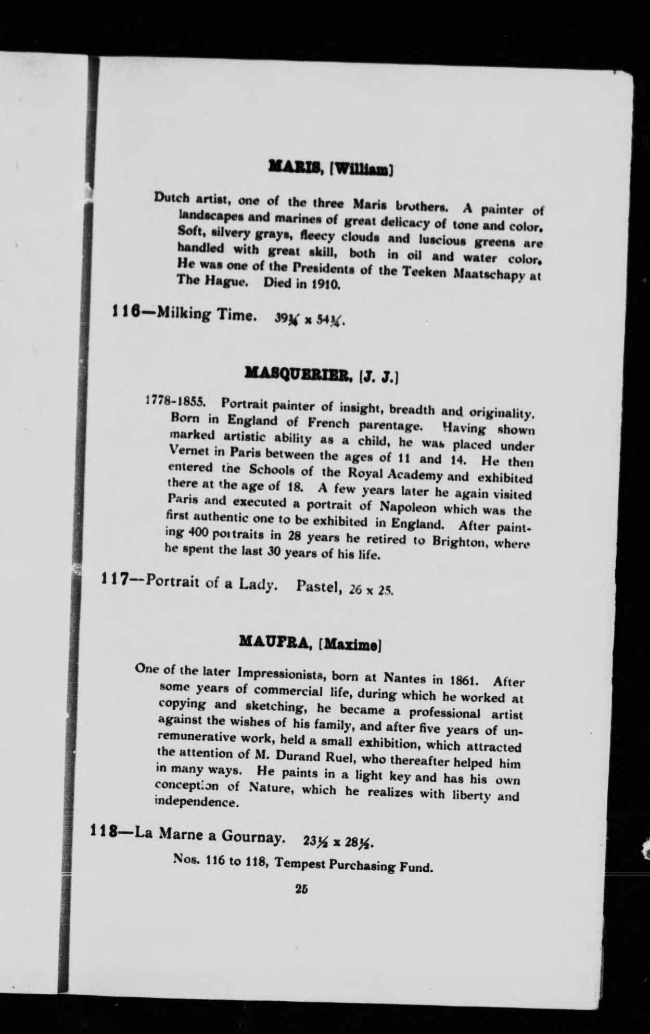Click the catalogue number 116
coord(125,313)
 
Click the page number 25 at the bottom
coord(301,889)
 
